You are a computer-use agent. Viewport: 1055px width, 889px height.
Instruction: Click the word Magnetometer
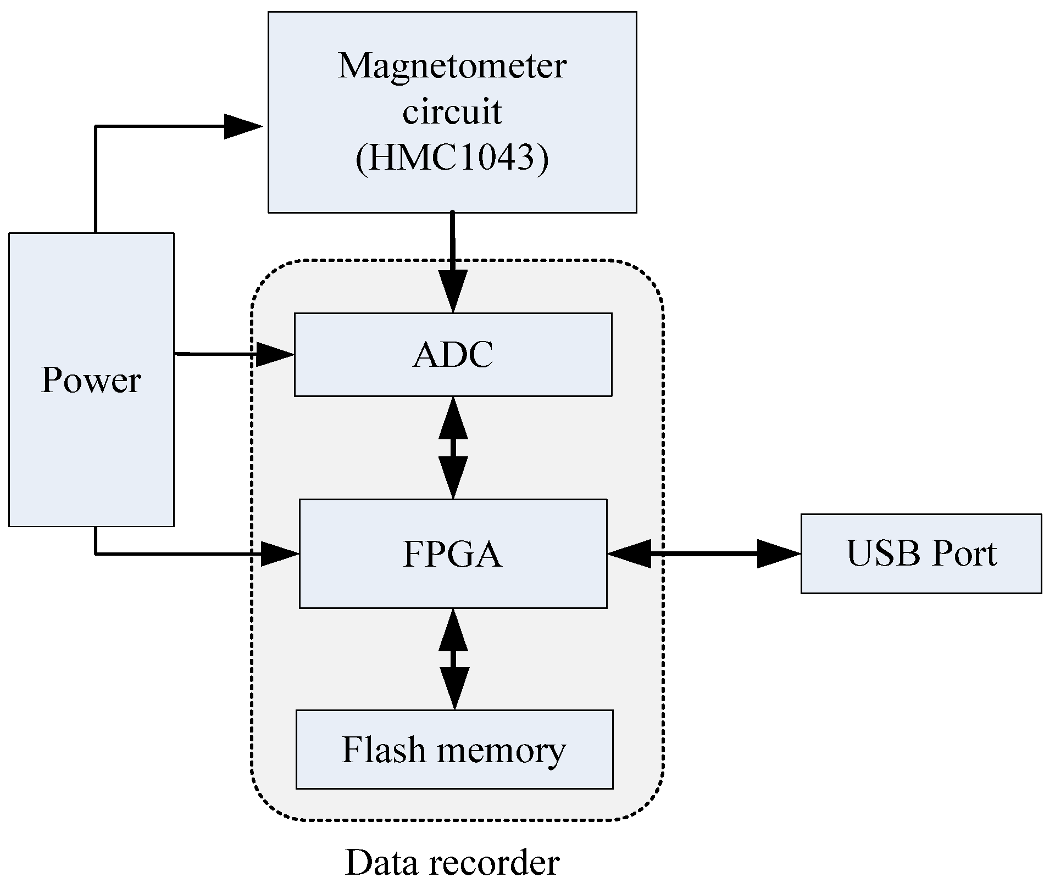(452, 66)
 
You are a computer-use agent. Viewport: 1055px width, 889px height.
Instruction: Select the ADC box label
(453, 355)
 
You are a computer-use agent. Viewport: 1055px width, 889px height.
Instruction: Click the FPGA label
(452, 554)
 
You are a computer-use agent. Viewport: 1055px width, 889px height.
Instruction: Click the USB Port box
(921, 553)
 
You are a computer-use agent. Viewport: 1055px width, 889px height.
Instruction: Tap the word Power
(91, 380)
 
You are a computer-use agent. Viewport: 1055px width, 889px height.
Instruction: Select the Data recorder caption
(452, 863)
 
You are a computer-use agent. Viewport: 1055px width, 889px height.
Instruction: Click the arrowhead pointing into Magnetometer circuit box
(243, 127)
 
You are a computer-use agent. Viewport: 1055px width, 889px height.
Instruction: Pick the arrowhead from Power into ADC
(275, 355)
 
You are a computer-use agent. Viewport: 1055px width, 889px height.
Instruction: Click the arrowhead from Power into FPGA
(279, 554)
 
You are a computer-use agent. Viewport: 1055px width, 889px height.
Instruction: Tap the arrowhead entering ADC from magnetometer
(453, 291)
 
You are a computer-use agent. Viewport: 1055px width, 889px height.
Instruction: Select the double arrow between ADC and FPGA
(453, 448)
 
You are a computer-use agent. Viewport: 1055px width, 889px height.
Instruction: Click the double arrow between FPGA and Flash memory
(454, 659)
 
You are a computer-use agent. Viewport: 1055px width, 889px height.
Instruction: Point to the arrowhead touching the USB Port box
(778, 554)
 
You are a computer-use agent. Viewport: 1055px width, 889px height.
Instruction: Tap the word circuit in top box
(452, 113)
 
